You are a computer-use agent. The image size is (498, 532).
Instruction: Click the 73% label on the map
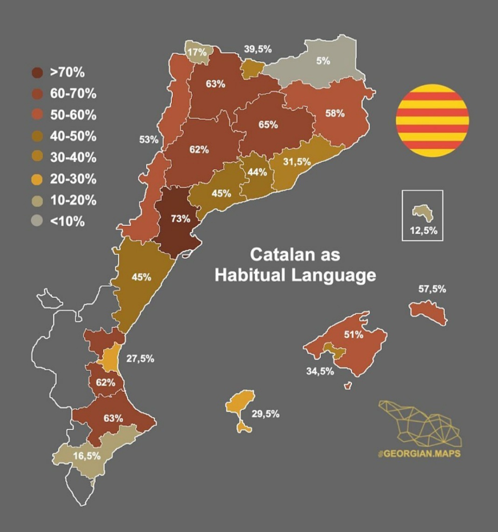point(180,218)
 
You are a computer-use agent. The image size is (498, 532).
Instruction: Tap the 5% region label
point(323,61)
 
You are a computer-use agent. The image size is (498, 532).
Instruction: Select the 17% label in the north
point(197,52)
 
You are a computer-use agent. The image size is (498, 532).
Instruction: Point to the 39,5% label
point(258,49)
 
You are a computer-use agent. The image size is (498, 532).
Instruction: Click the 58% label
point(335,113)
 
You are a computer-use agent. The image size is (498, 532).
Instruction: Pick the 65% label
point(268,125)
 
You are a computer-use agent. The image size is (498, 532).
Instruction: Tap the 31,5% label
point(297,162)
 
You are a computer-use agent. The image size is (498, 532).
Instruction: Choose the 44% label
point(257,172)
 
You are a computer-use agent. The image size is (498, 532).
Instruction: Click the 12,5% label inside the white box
point(423,230)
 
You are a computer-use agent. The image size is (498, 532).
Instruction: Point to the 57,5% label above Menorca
point(432,289)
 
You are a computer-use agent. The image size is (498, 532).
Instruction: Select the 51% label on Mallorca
point(353,334)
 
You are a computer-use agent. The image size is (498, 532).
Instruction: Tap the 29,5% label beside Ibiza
point(265,413)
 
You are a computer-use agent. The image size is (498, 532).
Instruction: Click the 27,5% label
point(140,358)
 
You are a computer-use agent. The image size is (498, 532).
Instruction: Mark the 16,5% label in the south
point(87,456)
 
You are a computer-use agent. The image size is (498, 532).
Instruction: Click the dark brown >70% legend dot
point(37,73)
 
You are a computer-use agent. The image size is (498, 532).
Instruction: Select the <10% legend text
point(67,222)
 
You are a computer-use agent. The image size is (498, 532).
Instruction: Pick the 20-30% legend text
point(73,179)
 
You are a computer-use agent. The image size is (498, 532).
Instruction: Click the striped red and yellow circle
point(432,121)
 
